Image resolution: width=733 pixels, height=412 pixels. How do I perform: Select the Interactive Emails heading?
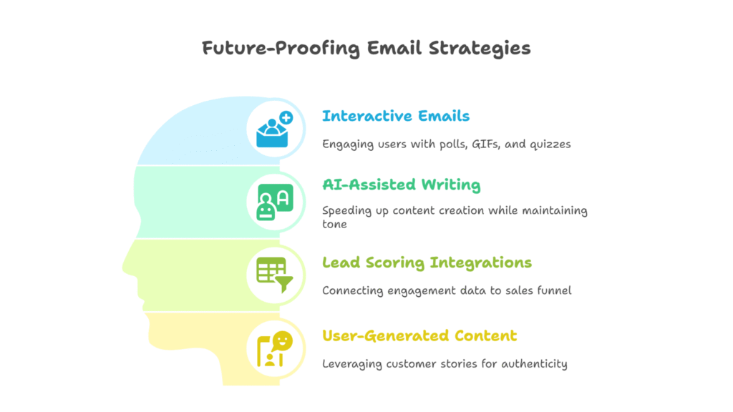point(395,116)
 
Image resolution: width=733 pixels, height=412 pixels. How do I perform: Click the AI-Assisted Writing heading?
point(401,185)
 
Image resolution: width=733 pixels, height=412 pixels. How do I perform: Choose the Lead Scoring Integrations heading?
point(427,263)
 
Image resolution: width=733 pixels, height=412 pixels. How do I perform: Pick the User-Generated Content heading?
point(419,335)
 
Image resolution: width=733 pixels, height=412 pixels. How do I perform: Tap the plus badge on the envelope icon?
point(286,117)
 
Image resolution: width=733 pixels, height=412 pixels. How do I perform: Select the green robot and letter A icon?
point(275,202)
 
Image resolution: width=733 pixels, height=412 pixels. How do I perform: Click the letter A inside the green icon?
point(283,199)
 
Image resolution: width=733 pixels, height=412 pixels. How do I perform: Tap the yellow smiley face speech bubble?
point(282,340)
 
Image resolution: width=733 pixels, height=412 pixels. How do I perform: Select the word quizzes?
point(550,144)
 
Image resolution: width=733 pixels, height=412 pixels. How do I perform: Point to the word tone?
point(334,224)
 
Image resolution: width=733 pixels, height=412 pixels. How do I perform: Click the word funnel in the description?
point(555,290)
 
